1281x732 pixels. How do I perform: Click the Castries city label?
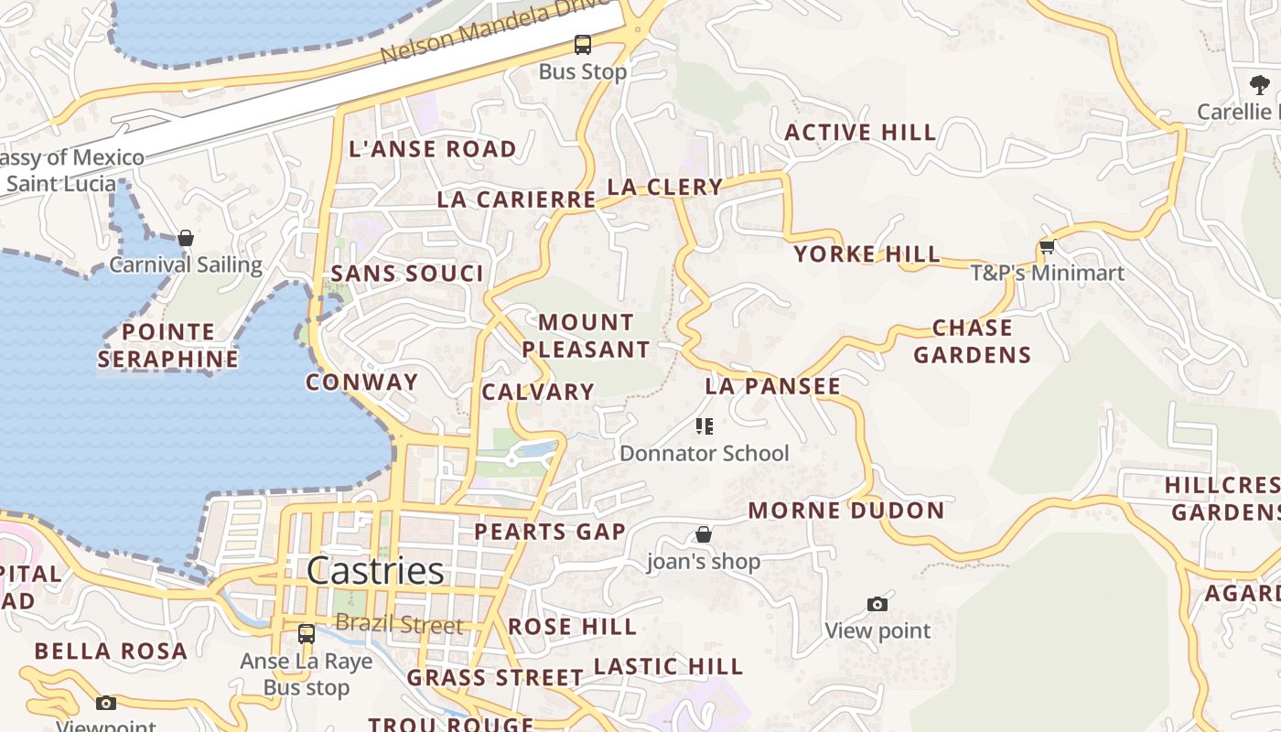click(x=375, y=571)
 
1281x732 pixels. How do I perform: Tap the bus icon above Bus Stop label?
click(x=583, y=44)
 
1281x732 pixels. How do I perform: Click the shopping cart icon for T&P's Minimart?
click(x=1048, y=246)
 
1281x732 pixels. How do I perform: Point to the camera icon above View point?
click(x=877, y=604)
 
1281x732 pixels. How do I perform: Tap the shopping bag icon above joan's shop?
click(x=704, y=534)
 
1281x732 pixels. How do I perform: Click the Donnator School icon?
click(x=704, y=426)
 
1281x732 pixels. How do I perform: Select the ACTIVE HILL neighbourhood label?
click(x=860, y=133)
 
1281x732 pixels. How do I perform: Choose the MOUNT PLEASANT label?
click(x=586, y=336)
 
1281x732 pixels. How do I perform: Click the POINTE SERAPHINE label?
click(x=168, y=345)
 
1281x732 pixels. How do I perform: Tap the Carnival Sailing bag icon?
click(x=186, y=238)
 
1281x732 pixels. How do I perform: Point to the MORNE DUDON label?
click(x=846, y=511)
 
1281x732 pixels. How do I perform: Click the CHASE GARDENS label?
click(x=972, y=341)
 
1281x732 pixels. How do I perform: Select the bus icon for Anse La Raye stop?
click(x=307, y=633)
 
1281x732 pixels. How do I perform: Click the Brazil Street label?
click(x=399, y=624)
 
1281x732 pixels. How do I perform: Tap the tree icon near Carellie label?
click(x=1260, y=85)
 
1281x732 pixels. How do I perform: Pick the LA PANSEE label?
click(x=772, y=386)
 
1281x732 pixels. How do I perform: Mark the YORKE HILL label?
click(x=867, y=254)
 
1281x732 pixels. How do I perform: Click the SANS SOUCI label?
click(x=407, y=274)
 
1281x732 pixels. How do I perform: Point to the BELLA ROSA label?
click(x=111, y=651)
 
